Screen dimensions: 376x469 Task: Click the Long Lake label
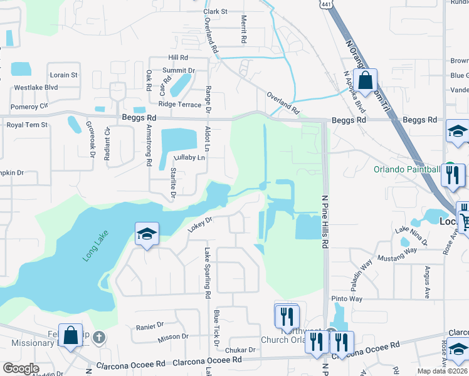pos(95,246)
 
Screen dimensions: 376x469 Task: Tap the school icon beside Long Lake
pos(146,235)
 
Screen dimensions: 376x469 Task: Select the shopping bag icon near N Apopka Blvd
pos(365,80)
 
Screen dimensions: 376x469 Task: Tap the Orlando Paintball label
pos(406,169)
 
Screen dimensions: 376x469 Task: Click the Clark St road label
pos(215,11)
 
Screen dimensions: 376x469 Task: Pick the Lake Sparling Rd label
pos(206,272)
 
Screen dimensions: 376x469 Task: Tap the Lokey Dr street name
pos(201,224)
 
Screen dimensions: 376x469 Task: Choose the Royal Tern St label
pos(27,125)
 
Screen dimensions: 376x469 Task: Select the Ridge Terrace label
pos(180,104)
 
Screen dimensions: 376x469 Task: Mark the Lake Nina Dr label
pos(411,236)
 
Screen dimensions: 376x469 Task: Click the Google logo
pos(21,368)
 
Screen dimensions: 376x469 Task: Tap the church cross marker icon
pos(98,338)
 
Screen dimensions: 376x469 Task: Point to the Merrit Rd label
pos(243,30)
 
